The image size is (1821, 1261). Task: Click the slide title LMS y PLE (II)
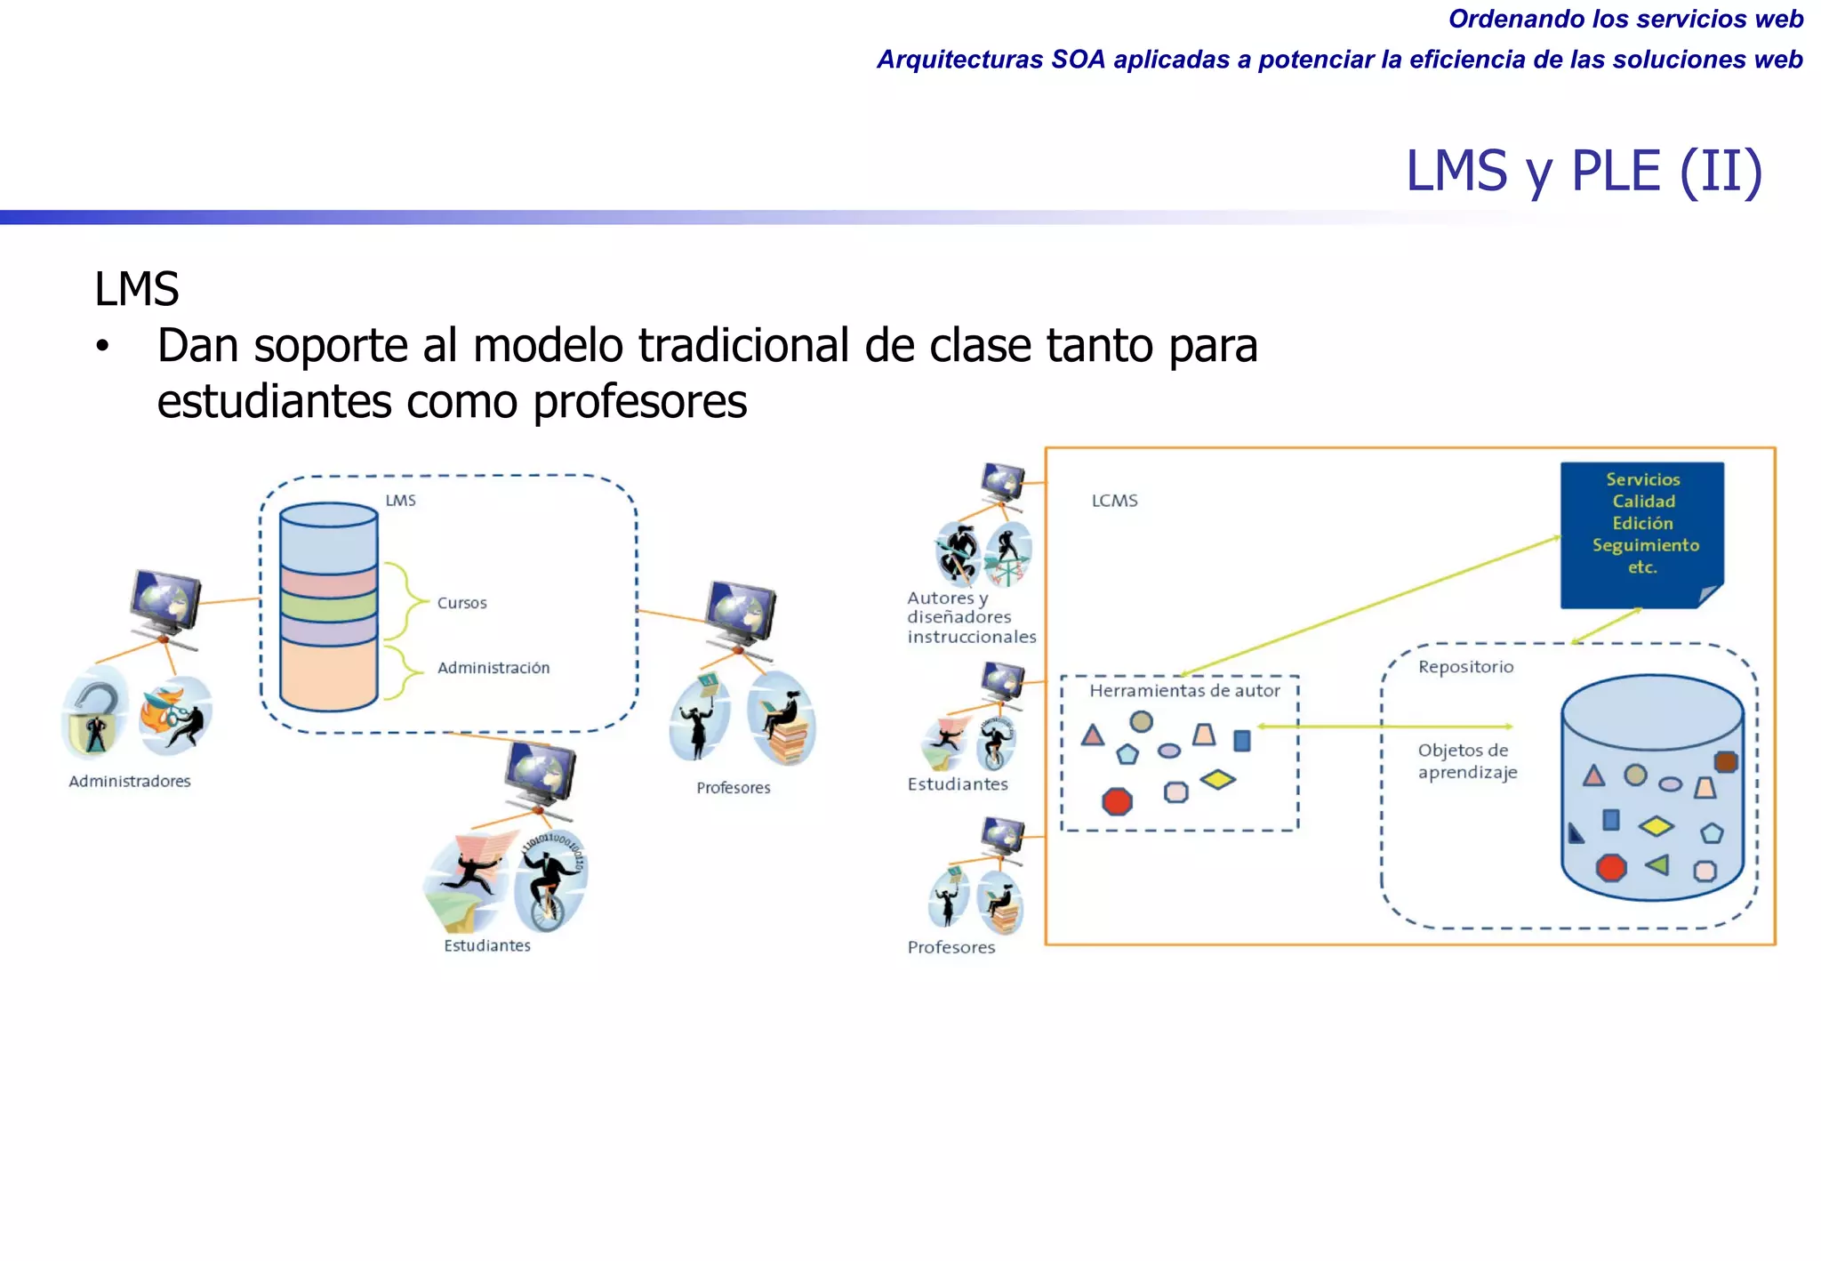(x=1583, y=171)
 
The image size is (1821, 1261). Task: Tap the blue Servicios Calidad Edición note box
(x=1641, y=534)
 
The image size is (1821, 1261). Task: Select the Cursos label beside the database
(x=461, y=603)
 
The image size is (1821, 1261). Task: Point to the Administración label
(x=493, y=668)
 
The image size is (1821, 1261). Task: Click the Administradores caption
(x=130, y=781)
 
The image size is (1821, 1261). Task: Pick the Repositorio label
(x=1465, y=667)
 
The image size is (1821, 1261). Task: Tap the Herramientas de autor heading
(x=1184, y=691)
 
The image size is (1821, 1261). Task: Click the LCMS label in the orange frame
(x=1114, y=501)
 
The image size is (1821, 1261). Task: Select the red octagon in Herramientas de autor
(x=1117, y=801)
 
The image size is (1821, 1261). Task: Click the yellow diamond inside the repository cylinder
(x=1656, y=826)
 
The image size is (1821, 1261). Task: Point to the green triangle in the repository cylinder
(x=1657, y=864)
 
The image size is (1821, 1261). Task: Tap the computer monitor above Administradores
(x=165, y=602)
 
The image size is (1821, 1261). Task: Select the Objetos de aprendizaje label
(x=1467, y=761)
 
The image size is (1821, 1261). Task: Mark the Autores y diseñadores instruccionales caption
(x=971, y=617)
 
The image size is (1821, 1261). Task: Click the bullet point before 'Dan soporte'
(x=103, y=347)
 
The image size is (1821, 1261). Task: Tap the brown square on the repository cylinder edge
(x=1725, y=761)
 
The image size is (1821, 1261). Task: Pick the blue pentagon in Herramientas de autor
(x=1127, y=755)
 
